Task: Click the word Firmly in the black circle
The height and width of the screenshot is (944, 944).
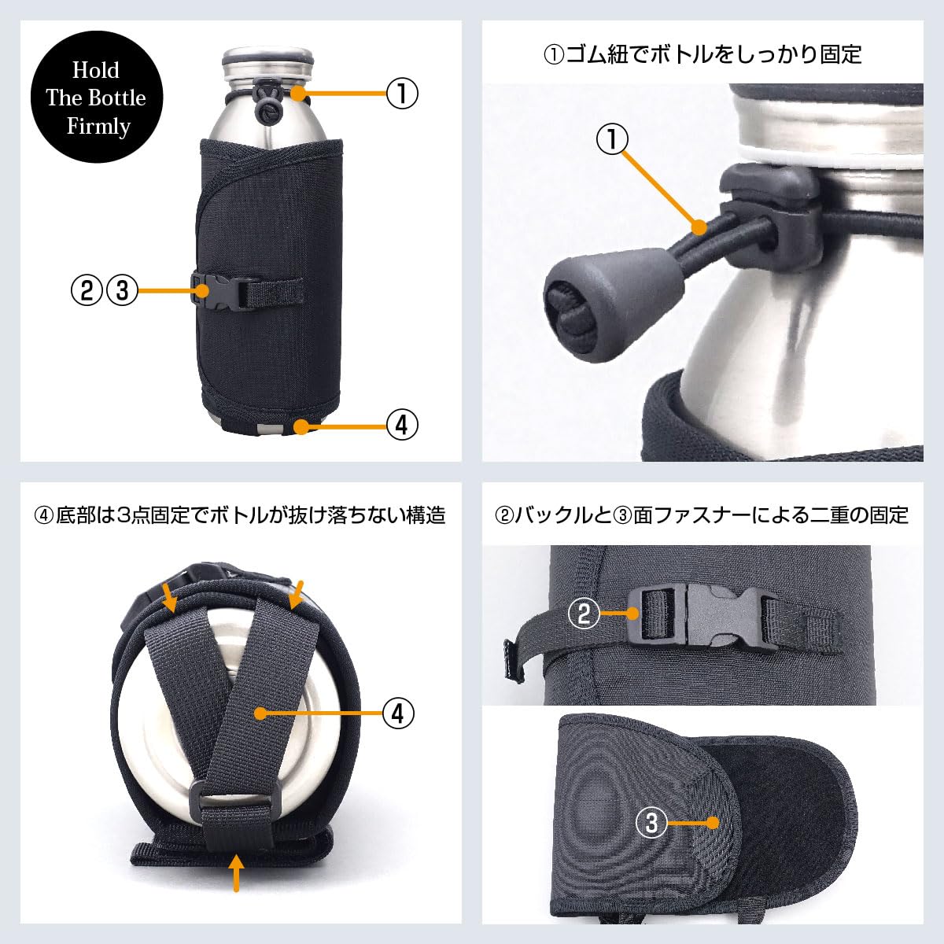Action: click(x=98, y=127)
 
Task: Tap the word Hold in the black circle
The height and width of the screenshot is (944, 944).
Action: click(x=96, y=70)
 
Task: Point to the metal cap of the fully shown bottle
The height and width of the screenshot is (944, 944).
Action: click(x=268, y=65)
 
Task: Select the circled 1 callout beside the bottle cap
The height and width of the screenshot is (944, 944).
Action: click(x=402, y=93)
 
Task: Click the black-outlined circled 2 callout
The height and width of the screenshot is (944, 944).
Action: click(x=87, y=290)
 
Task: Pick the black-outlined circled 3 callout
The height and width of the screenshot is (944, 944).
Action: click(x=122, y=290)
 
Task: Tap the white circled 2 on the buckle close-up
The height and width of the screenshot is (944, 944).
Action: click(x=584, y=613)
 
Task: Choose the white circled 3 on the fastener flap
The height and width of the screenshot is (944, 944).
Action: click(x=651, y=823)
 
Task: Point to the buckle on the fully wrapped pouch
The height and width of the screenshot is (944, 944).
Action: click(x=221, y=291)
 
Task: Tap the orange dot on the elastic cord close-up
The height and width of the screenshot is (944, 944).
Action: click(x=699, y=227)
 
